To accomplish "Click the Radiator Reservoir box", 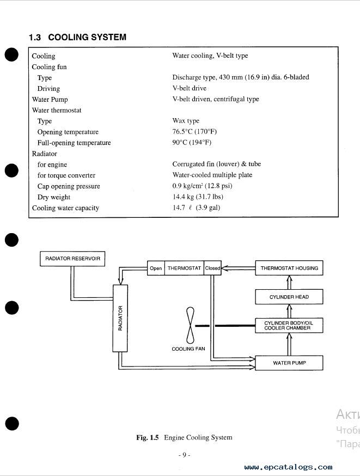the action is [x=72, y=259].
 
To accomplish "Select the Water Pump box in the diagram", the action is [x=289, y=363].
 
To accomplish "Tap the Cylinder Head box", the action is [x=289, y=297].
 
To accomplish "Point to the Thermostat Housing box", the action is [x=289, y=268].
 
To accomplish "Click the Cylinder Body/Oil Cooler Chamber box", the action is [x=289, y=326].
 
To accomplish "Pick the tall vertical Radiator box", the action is [x=120, y=318].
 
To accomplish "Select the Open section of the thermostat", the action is [x=156, y=268].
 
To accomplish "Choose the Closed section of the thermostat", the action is [x=212, y=268].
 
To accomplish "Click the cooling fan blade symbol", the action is [x=190, y=326].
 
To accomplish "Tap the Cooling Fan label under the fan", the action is [x=188, y=349].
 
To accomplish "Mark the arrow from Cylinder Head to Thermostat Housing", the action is [x=289, y=282].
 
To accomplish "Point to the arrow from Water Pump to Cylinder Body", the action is [x=289, y=344].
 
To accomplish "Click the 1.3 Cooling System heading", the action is [x=77, y=37].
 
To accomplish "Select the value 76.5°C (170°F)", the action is [x=194, y=131].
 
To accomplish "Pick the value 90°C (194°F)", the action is [x=192, y=142].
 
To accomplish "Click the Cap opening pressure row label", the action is [x=69, y=186].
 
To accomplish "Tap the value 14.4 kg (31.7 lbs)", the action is [x=198, y=197].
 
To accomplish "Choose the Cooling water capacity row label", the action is [x=65, y=208].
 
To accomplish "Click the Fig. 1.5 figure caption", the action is [x=184, y=437].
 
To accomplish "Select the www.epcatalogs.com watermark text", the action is [x=288, y=467].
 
